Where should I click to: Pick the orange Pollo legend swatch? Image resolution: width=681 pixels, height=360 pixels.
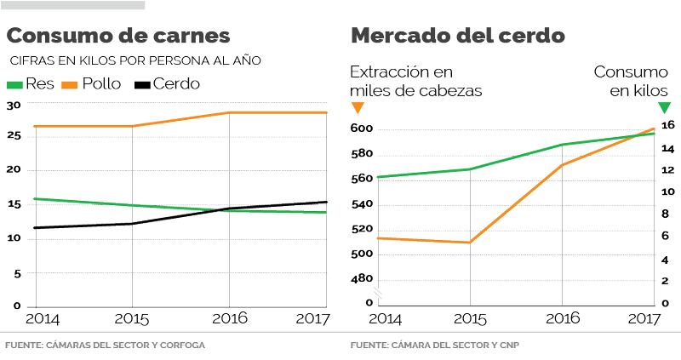70,84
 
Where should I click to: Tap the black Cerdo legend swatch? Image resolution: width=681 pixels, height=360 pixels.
140,84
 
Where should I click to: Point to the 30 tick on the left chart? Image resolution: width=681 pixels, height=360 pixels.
13,105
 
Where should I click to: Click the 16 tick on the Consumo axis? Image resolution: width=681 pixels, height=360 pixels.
668,125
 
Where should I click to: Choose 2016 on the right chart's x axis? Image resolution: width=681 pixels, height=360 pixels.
562,318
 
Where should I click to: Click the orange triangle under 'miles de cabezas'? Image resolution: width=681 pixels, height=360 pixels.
358,107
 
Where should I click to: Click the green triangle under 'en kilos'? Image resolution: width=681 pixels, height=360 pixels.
665,107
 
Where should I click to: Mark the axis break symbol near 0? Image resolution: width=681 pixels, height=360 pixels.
380,295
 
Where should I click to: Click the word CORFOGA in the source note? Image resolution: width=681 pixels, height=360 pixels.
182,346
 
